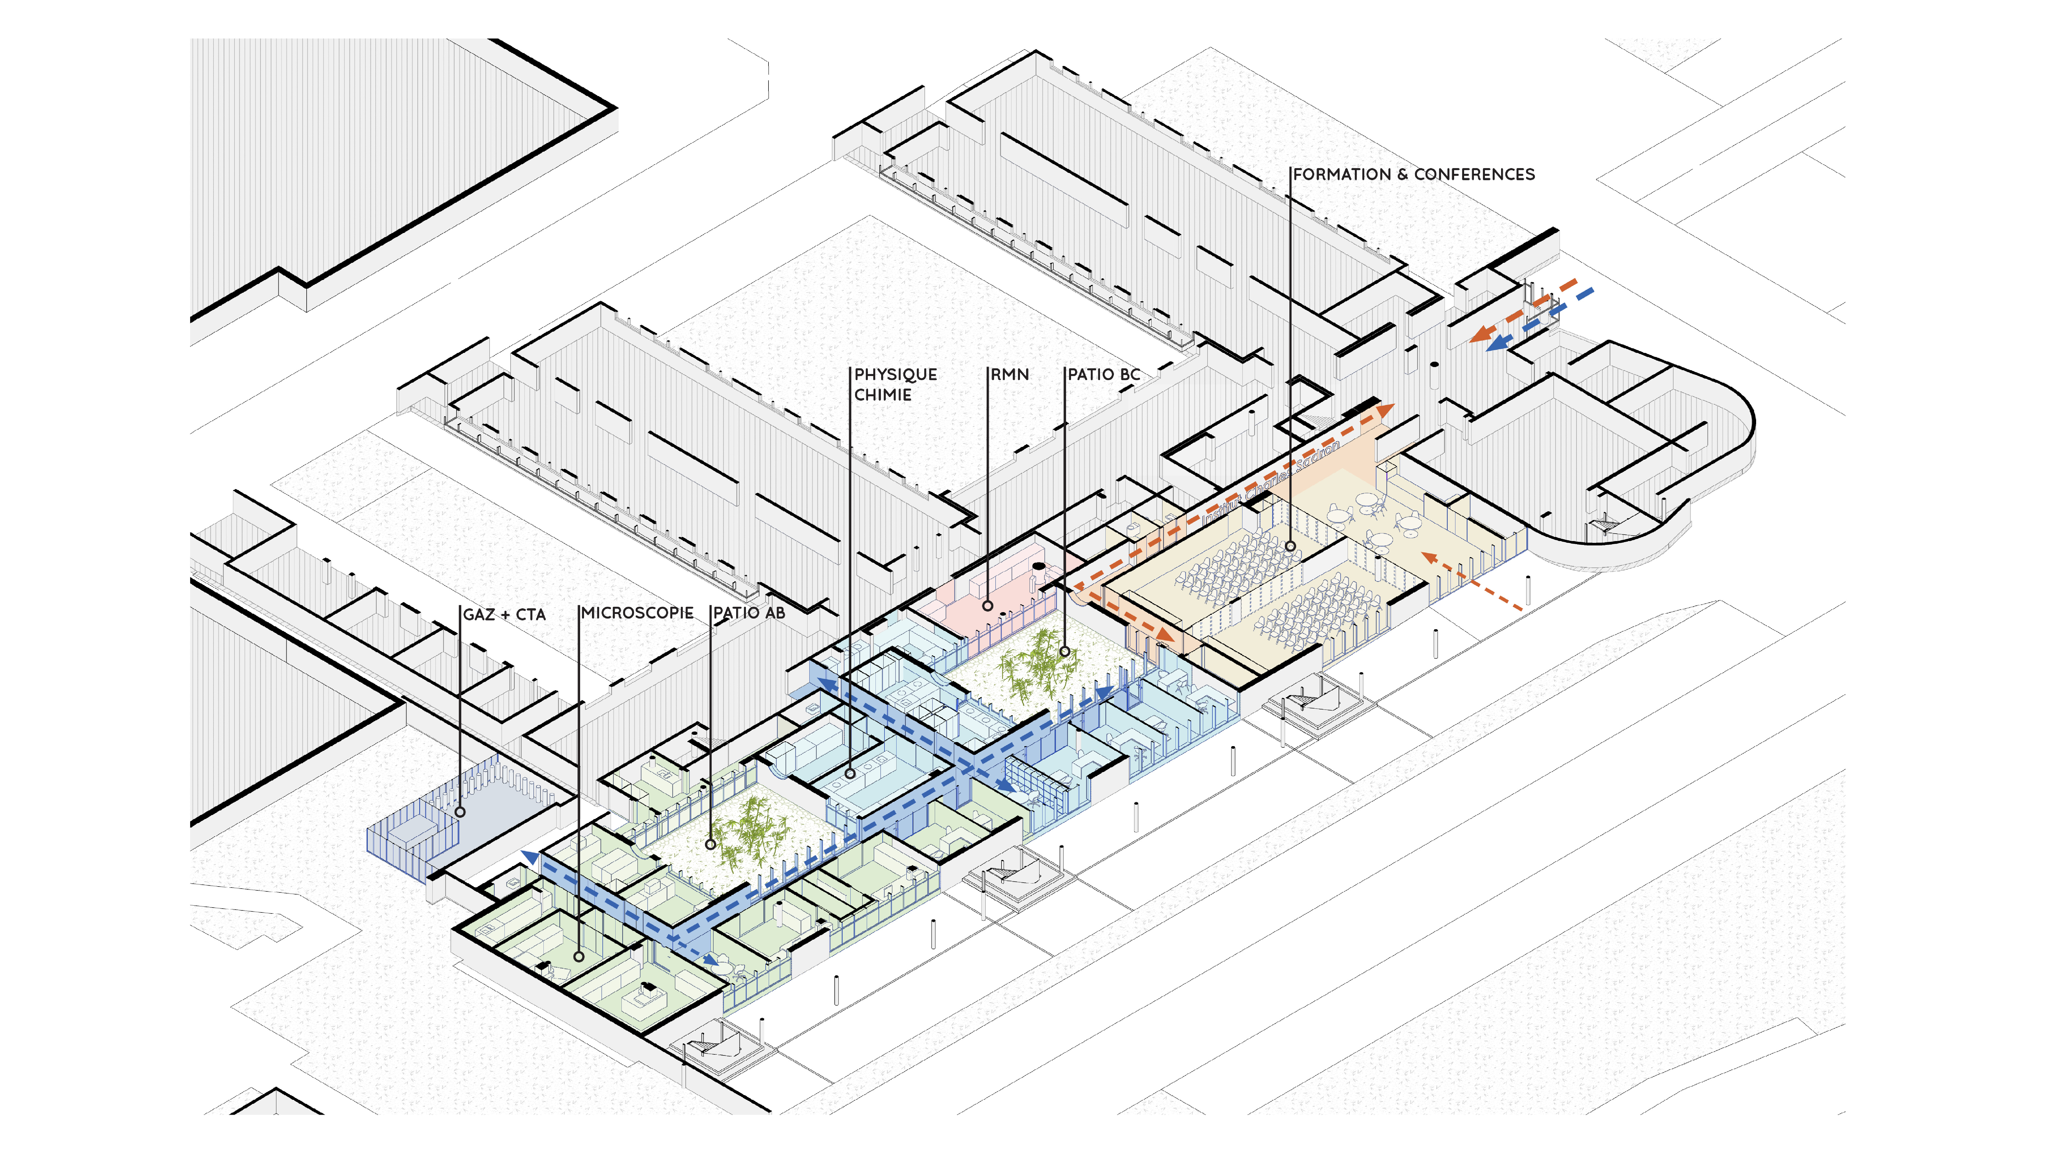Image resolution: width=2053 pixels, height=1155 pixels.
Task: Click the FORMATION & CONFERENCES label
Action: pyautogui.click(x=1413, y=175)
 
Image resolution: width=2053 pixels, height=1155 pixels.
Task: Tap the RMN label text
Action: pyautogui.click(x=1010, y=375)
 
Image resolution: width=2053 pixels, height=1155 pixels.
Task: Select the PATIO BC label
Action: pyautogui.click(x=1104, y=375)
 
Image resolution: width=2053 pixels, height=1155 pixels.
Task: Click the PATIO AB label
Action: pyautogui.click(x=749, y=613)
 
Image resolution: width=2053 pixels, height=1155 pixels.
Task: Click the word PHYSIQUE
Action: pyautogui.click(x=896, y=375)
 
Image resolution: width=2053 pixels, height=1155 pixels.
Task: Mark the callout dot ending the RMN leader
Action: pyautogui.click(x=987, y=606)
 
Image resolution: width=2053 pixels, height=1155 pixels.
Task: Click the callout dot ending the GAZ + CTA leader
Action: pyautogui.click(x=460, y=811)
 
